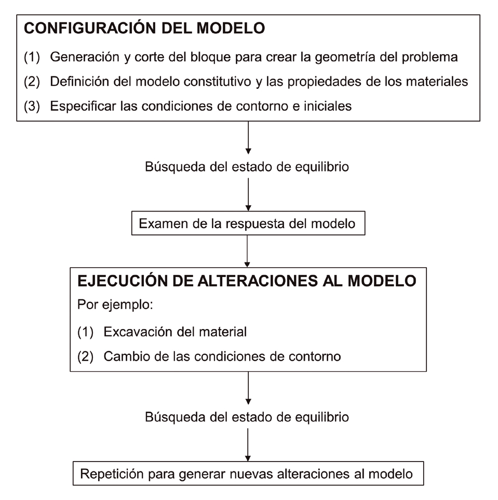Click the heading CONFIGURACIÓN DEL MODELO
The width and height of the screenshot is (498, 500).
tap(144, 28)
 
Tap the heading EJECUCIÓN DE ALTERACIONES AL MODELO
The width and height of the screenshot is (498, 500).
tap(247, 281)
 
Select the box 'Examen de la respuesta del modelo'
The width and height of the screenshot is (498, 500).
tap(248, 223)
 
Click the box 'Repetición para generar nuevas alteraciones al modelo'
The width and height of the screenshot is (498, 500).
tap(248, 473)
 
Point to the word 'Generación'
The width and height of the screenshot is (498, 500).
tap(85, 57)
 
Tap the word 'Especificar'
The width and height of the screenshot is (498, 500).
tap(83, 106)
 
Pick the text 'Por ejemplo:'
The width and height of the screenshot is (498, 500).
tap(115, 305)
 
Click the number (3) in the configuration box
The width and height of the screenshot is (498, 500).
tap(32, 106)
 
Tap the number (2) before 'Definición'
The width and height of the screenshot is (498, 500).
tap(32, 82)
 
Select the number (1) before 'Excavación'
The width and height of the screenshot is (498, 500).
tap(85, 332)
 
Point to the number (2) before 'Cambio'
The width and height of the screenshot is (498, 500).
tap(85, 357)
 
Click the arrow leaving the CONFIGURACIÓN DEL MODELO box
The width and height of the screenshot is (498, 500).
tap(248, 137)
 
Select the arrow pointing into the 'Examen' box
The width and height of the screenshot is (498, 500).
tap(248, 194)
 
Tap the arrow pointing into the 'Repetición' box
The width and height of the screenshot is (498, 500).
tap(248, 444)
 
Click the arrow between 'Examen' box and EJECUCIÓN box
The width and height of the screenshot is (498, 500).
tap(247, 251)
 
